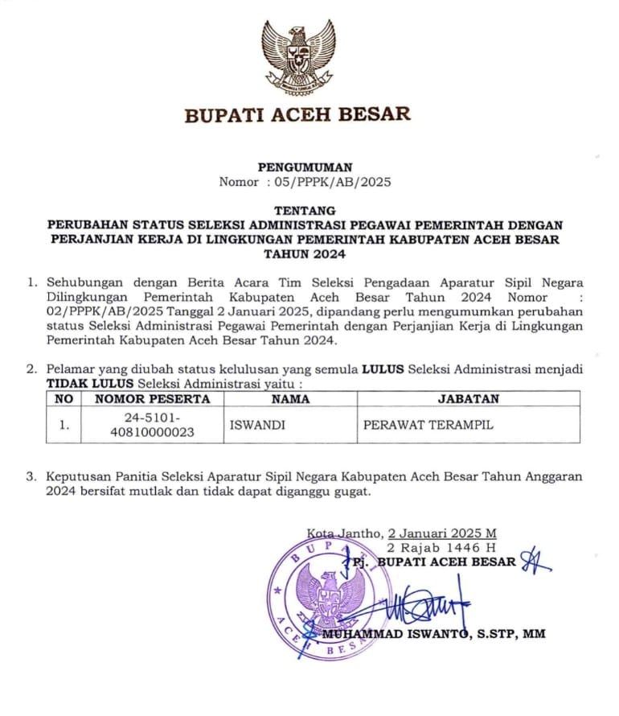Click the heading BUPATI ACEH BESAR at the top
297,114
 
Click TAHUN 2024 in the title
305,254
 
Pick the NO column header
64,398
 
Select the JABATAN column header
468,398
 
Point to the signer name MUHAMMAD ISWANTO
395,634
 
